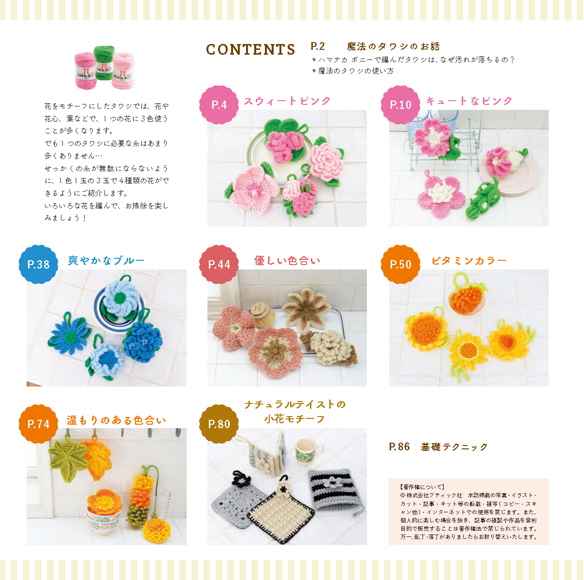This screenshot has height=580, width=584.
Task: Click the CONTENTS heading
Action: (x=250, y=49)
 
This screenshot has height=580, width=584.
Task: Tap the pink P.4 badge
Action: (x=219, y=105)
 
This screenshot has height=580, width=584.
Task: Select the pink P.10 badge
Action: (x=400, y=105)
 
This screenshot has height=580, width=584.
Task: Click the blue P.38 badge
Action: (x=38, y=264)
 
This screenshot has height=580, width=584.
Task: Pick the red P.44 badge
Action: (x=219, y=264)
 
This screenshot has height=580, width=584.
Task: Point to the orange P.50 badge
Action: (x=400, y=264)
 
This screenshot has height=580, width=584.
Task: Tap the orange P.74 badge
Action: (x=38, y=424)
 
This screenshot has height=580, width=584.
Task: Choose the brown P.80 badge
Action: (x=219, y=424)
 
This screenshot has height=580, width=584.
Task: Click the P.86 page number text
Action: (x=399, y=447)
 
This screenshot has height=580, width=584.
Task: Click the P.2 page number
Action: (x=318, y=46)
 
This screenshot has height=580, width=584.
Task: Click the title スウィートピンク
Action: (x=287, y=101)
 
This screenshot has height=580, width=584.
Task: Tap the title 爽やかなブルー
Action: (x=106, y=261)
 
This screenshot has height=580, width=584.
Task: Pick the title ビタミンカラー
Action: (x=469, y=261)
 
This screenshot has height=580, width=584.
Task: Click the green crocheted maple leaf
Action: (x=69, y=461)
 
